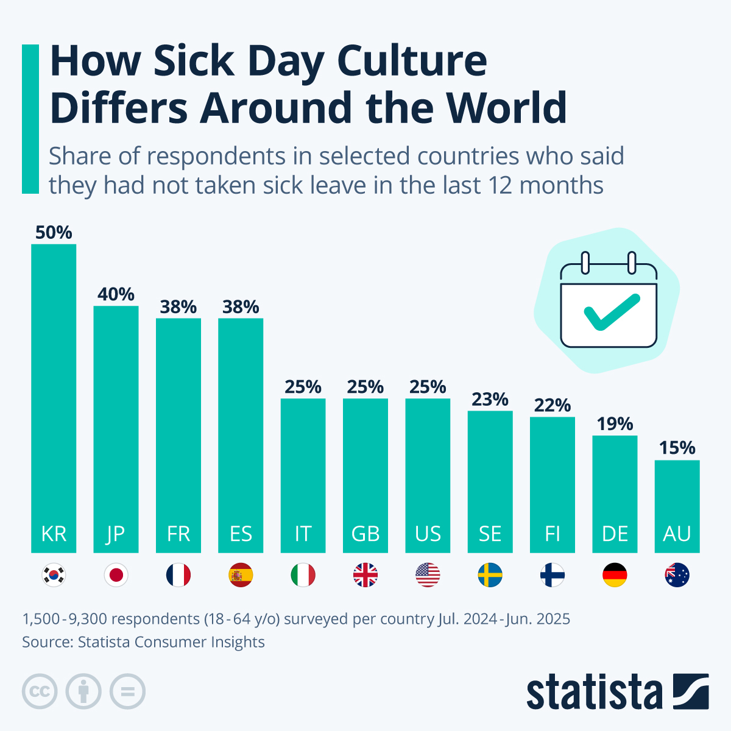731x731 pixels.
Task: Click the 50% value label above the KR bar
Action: click(54, 233)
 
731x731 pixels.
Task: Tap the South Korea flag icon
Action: click(54, 575)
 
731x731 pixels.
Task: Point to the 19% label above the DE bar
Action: click(615, 424)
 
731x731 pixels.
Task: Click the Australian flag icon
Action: click(677, 575)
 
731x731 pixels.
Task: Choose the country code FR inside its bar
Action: click(178, 534)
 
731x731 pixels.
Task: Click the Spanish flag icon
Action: click(241, 575)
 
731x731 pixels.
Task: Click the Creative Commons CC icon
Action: click(40, 691)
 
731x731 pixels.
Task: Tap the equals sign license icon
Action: click(127, 691)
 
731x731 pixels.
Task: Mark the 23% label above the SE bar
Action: click(490, 400)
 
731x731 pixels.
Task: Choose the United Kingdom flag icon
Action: click(365, 575)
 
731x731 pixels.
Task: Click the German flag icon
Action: click(615, 575)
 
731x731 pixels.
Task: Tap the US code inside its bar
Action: click(428, 534)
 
